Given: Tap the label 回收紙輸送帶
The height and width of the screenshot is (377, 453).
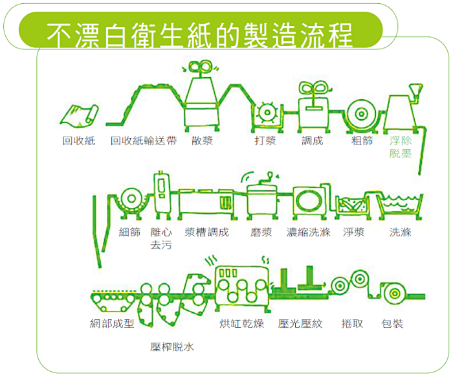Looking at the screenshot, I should tap(143, 141).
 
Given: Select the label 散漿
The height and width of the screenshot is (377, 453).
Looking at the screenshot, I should tap(202, 141).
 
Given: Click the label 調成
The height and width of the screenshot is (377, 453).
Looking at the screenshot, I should tap(312, 141).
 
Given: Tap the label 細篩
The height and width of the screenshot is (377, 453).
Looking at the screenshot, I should tap(129, 232).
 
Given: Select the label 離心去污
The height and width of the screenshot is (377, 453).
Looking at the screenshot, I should tap(161, 238).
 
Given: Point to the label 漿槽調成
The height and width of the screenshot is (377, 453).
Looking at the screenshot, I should tap(206, 232).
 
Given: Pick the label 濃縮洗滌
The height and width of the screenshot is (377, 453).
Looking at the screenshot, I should tap(309, 232).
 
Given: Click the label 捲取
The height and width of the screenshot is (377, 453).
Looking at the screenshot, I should tap(351, 323).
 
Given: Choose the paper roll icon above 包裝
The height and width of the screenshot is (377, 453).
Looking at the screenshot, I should tap(393, 293).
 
